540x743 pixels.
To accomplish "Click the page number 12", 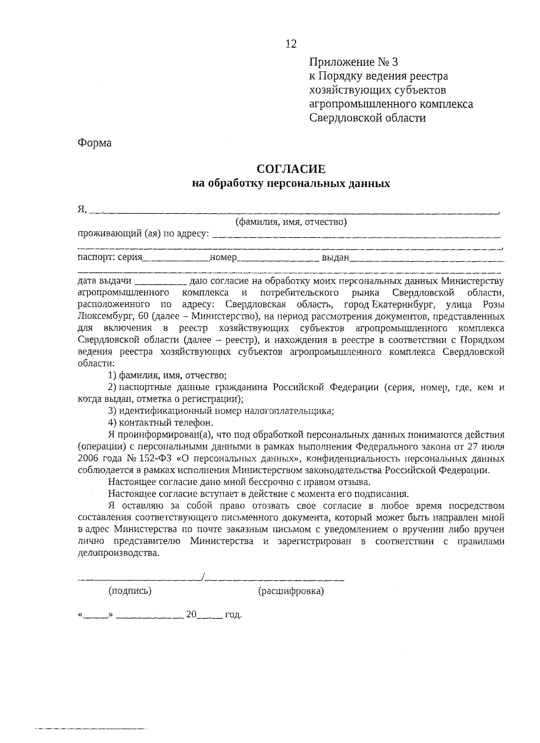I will (x=291, y=44).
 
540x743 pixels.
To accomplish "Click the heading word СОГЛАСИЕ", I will (x=291, y=169).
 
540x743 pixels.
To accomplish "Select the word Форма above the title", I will (x=94, y=143).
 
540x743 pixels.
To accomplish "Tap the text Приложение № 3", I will (x=354, y=62).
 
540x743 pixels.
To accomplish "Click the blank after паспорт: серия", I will (x=176, y=259).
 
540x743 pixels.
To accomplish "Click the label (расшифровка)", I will (x=291, y=591).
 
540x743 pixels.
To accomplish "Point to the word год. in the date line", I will (x=233, y=614).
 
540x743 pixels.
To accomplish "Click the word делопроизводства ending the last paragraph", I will (x=118, y=553).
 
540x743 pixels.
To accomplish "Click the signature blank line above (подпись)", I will (x=140, y=578).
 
